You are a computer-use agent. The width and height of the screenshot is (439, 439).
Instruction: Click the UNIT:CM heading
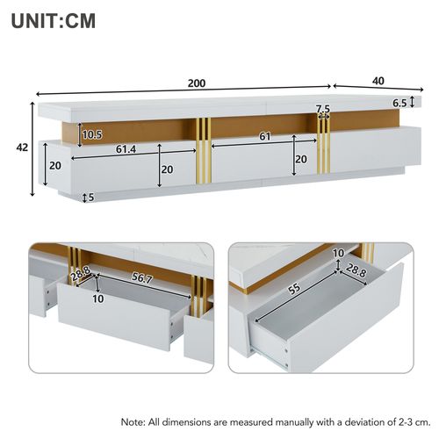(54, 19)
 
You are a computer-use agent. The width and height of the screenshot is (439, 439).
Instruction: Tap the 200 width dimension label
(196, 83)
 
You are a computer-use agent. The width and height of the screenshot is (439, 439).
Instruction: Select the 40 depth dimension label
(378, 81)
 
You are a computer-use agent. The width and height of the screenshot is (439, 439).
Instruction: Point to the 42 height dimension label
(21, 148)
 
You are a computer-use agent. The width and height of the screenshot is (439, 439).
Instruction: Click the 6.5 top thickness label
(399, 103)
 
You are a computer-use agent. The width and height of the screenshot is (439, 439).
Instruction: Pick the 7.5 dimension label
(323, 109)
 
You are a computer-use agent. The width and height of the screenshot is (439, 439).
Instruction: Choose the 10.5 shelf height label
(91, 134)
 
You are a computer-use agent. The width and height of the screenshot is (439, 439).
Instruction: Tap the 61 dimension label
(263, 136)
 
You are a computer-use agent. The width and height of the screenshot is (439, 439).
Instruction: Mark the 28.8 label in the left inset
(82, 276)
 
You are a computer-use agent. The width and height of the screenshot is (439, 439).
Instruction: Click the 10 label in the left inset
(97, 299)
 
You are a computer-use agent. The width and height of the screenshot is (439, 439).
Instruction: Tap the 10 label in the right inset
(338, 253)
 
